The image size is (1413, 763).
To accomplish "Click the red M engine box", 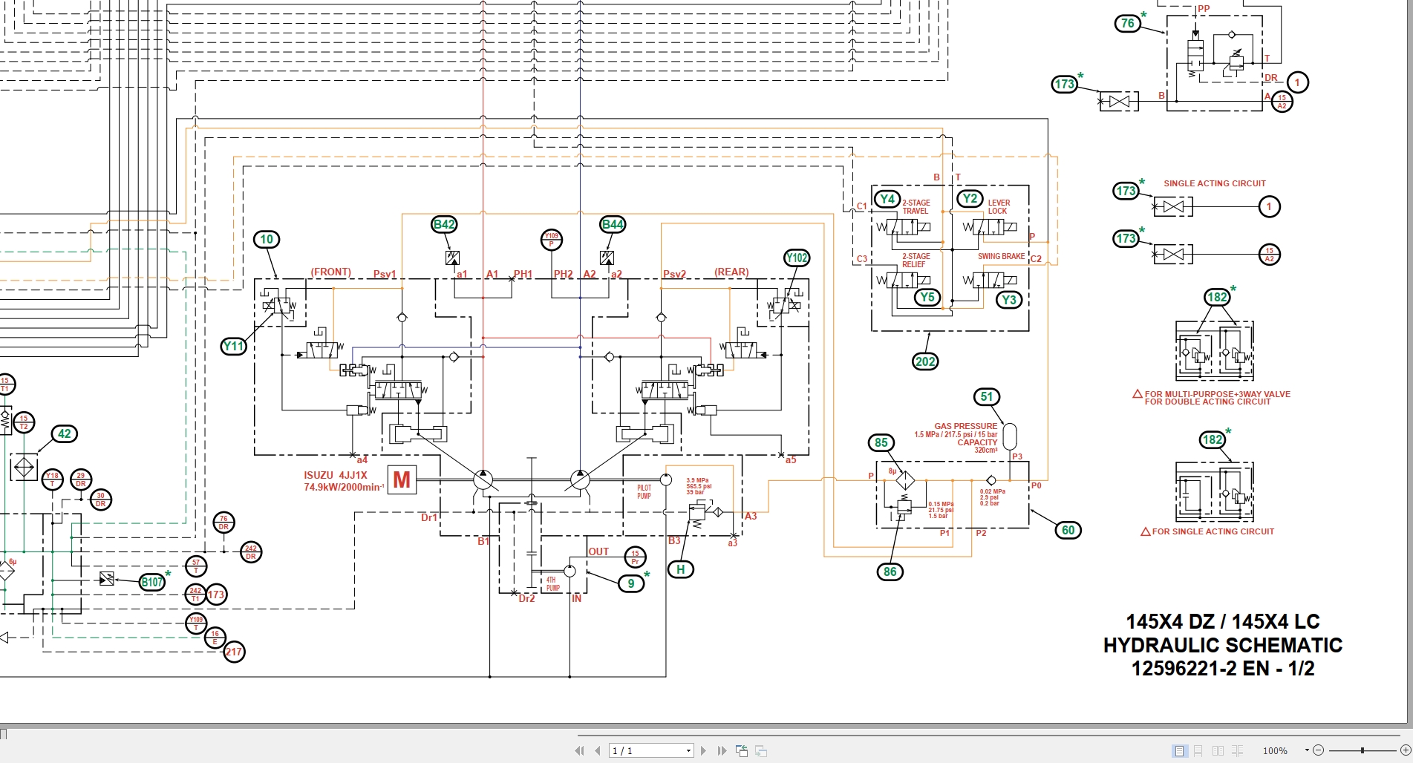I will pyautogui.click(x=402, y=480).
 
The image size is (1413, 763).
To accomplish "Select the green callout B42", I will pyautogui.click(x=444, y=224).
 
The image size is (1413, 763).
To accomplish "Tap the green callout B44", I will pyautogui.click(x=613, y=224).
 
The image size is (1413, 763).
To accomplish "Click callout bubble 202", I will pyautogui.click(x=925, y=361).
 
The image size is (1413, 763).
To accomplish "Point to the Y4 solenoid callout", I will pyautogui.click(x=887, y=199).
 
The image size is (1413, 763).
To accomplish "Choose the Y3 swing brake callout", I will pyautogui.click(x=1008, y=300).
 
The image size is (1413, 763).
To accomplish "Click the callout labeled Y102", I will pyautogui.click(x=797, y=258).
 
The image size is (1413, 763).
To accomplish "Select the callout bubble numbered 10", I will pyautogui.click(x=267, y=239).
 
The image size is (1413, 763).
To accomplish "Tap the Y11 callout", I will pyautogui.click(x=233, y=346).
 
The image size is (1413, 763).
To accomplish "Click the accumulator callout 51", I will pyautogui.click(x=986, y=396).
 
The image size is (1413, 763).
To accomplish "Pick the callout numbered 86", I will pyautogui.click(x=890, y=572).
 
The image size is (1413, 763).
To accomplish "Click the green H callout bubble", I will pyautogui.click(x=680, y=569).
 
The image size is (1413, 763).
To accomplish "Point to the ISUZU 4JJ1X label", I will pyautogui.click(x=335, y=475).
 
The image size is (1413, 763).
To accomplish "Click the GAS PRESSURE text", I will pyautogui.click(x=965, y=426).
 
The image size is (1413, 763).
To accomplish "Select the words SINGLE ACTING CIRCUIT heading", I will pyautogui.click(x=1214, y=183).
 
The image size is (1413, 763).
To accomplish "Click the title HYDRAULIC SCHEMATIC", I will pyautogui.click(x=1222, y=645).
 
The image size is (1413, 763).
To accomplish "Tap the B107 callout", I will pyautogui.click(x=152, y=582).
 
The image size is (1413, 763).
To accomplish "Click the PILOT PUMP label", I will pyautogui.click(x=644, y=492).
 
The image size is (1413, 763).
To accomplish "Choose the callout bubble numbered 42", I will pyautogui.click(x=65, y=434).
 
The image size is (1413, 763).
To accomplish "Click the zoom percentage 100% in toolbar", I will pyautogui.click(x=1275, y=751).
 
